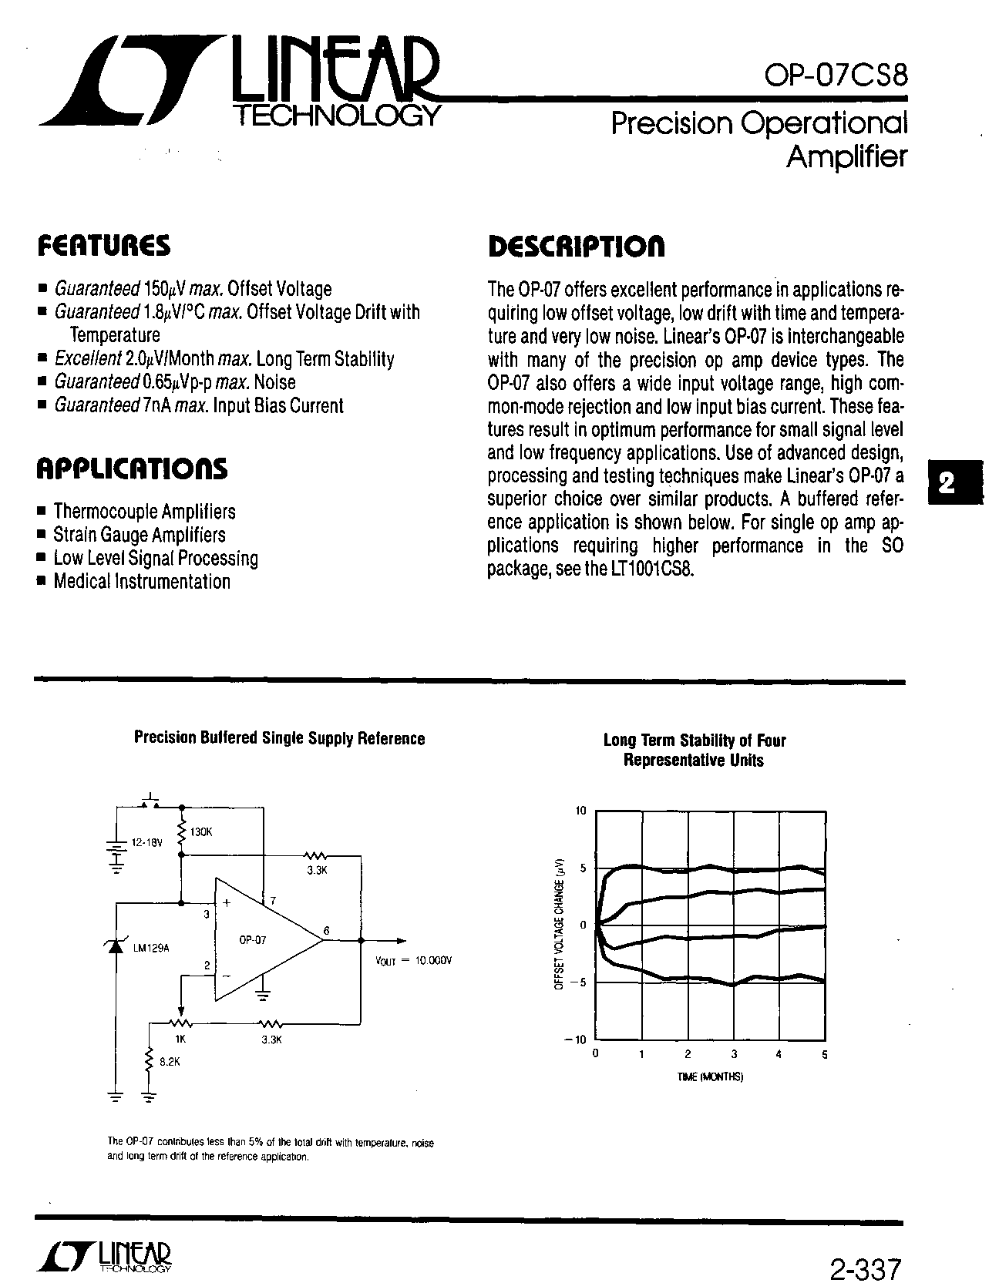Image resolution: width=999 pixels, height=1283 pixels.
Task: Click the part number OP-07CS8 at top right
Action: click(836, 76)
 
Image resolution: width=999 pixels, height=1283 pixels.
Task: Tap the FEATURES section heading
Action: click(104, 247)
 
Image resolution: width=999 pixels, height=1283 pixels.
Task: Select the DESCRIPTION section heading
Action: click(577, 247)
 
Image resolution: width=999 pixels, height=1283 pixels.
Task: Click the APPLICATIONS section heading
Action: click(132, 469)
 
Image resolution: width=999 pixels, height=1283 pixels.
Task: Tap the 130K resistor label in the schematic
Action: click(201, 833)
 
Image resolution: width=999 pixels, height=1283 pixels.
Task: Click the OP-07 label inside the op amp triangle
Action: click(252, 940)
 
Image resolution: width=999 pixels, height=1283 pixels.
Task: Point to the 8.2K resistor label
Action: click(169, 1061)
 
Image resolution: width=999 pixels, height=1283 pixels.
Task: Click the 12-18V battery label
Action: click(147, 843)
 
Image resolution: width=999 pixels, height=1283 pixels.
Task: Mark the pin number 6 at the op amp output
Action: click(326, 932)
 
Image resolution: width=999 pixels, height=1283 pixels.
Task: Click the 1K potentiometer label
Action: click(180, 1038)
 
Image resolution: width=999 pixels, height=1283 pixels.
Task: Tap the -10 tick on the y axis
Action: click(577, 1039)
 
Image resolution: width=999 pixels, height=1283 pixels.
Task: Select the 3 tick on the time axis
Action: click(734, 1054)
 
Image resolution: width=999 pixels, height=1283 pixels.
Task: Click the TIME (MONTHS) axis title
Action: click(710, 1077)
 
